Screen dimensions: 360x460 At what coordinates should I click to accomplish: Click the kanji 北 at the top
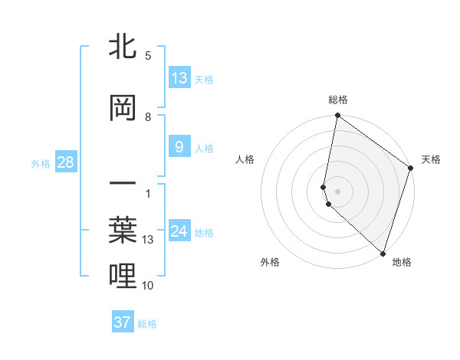(123, 47)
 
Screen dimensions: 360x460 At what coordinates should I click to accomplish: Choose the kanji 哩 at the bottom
(123, 277)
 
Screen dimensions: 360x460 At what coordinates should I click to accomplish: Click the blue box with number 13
(179, 77)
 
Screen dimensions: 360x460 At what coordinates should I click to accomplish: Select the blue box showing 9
(179, 147)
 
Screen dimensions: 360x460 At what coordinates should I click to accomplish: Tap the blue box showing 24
(179, 231)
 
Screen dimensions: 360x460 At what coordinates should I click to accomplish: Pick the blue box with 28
(65, 162)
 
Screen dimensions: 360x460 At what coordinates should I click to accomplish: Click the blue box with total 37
(123, 322)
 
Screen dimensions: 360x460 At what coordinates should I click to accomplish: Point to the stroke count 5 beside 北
(148, 56)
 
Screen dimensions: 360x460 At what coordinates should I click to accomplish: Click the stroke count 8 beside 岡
(148, 117)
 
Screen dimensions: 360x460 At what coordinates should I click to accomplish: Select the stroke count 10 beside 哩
(148, 286)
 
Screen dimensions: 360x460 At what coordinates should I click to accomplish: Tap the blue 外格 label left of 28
(41, 163)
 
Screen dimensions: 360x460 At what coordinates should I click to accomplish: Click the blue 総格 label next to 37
(147, 324)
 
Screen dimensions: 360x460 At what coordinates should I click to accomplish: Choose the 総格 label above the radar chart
(338, 100)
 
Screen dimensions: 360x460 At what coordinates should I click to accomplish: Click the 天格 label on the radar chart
(431, 159)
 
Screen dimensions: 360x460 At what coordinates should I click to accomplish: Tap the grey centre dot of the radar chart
(338, 190)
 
